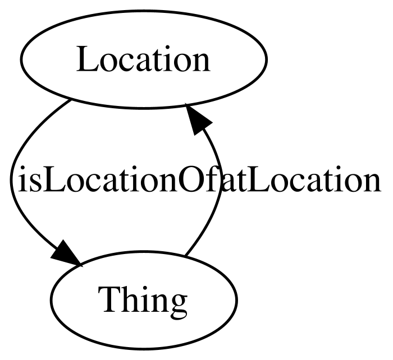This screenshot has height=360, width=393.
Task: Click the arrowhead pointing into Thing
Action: tap(66, 254)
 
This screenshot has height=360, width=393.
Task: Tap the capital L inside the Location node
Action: tap(85, 59)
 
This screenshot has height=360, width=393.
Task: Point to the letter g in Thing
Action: tap(178, 304)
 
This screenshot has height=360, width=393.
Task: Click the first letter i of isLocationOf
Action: tap(22, 179)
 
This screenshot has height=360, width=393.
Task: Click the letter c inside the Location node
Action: tap(129, 63)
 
